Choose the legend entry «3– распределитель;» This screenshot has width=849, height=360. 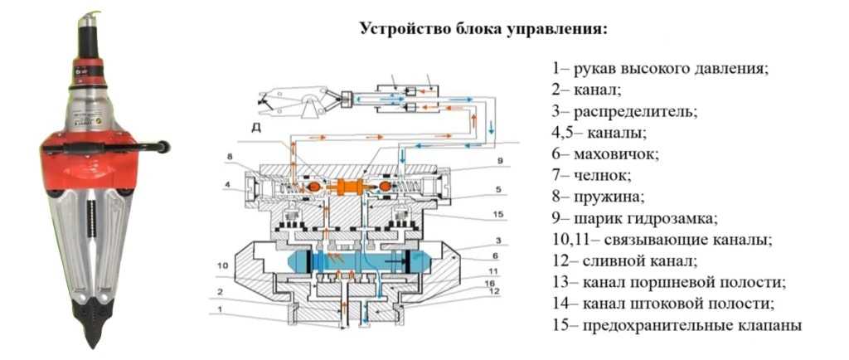tap(624, 110)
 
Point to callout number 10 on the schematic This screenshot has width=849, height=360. tap(221, 265)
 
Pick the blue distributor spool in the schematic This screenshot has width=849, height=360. tap(357, 265)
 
